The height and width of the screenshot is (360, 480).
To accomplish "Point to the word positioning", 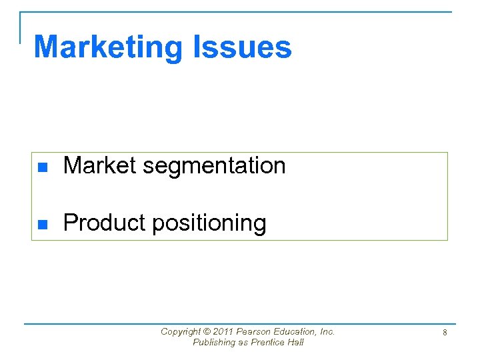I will pos(209,224).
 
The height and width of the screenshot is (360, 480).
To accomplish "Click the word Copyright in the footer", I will pos(180,332).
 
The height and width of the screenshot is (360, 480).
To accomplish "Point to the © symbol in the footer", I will pos(205,332).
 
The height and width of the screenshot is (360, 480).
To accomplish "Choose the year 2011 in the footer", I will pos(223,332).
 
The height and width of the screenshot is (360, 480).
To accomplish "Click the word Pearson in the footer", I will pos(254,332).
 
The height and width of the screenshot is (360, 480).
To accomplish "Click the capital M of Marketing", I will pos(45,47).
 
